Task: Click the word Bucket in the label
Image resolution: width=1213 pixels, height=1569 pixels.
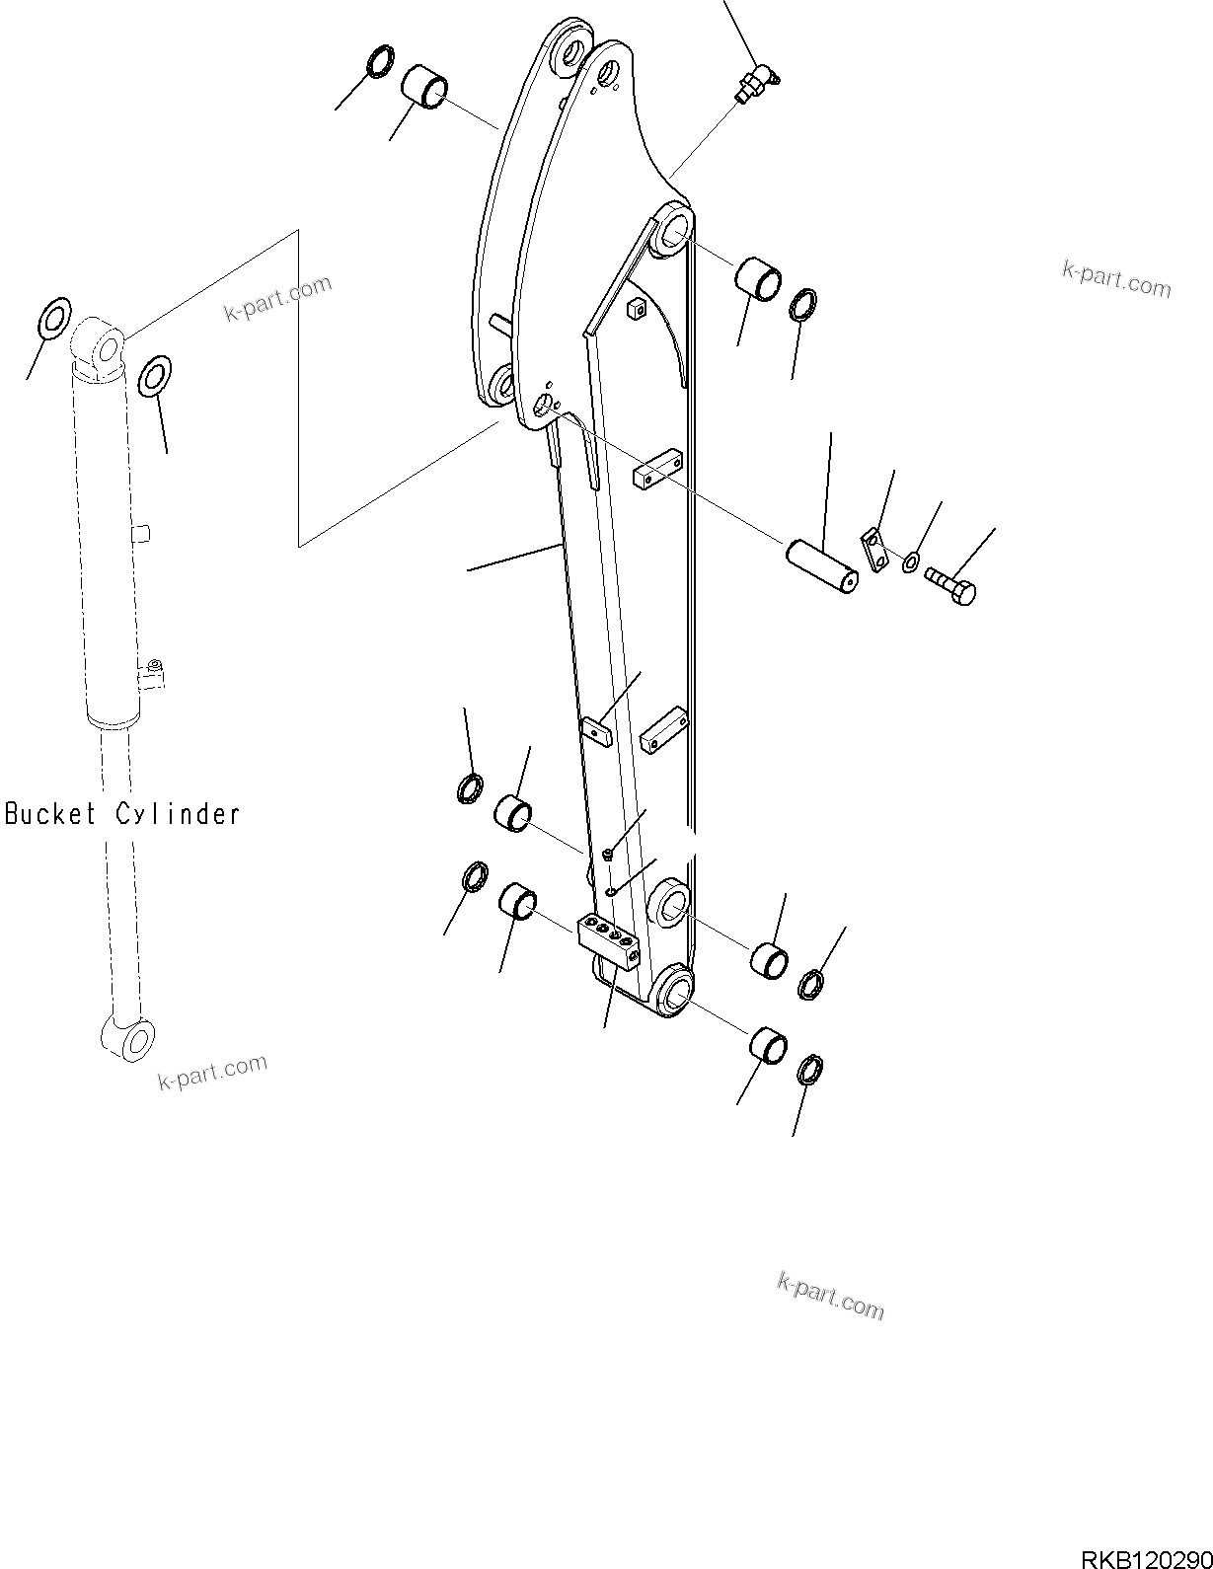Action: [x=51, y=814]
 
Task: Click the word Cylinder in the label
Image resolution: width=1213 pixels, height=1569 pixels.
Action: [x=178, y=814]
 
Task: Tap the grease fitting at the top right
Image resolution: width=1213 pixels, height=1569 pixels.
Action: [x=759, y=81]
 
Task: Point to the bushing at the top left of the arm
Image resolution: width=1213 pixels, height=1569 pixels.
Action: [x=424, y=86]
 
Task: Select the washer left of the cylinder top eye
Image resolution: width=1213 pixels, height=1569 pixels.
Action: [x=53, y=317]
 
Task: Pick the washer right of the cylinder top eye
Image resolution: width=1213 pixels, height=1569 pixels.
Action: [x=154, y=376]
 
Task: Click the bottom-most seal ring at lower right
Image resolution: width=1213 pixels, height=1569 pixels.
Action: [x=809, y=1069]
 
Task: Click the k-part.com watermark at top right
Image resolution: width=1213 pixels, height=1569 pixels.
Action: [x=1116, y=279]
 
